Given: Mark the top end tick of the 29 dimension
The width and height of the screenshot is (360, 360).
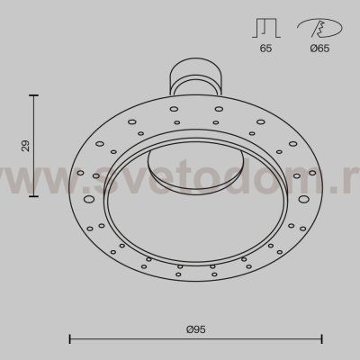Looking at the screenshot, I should (x=36, y=94).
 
